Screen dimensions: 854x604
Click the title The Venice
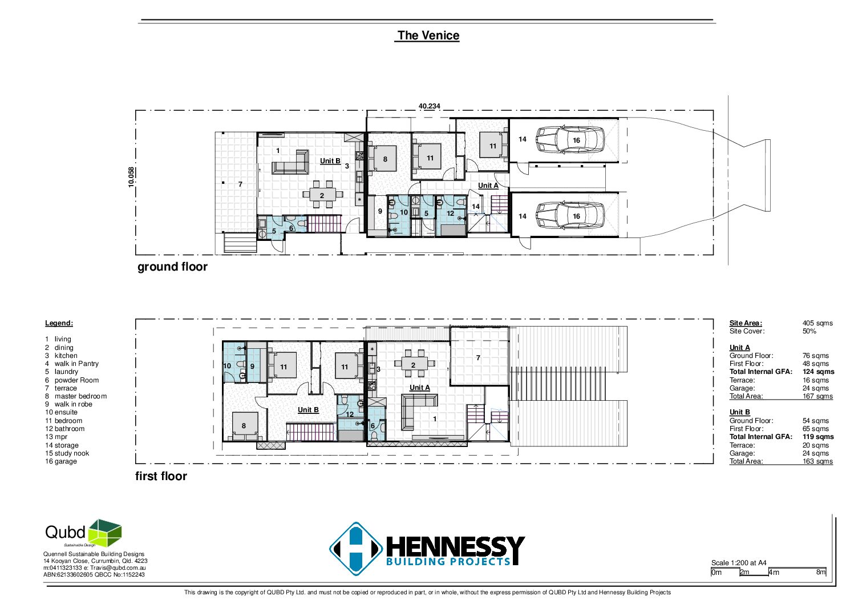428,35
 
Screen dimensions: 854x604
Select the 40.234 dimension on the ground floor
430,106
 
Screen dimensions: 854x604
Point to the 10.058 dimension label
131,177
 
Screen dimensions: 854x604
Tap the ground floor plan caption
172,267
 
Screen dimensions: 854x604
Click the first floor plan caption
161,476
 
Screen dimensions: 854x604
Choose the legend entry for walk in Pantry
72,364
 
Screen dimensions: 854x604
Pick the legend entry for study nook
67,453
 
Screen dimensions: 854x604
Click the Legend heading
59,323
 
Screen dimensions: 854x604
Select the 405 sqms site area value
817,323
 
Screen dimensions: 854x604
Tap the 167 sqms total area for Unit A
817,396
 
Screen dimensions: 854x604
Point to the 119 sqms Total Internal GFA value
818,437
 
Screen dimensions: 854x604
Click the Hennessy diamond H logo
356,549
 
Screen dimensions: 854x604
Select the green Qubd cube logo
105,533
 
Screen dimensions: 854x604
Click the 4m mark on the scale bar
774,573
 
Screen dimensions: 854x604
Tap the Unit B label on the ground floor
330,161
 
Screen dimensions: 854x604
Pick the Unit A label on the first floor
419,388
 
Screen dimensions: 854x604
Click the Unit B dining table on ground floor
322,195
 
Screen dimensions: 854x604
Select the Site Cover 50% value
809,331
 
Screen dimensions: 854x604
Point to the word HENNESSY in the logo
456,546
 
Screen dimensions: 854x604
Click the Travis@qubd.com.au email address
118,568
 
